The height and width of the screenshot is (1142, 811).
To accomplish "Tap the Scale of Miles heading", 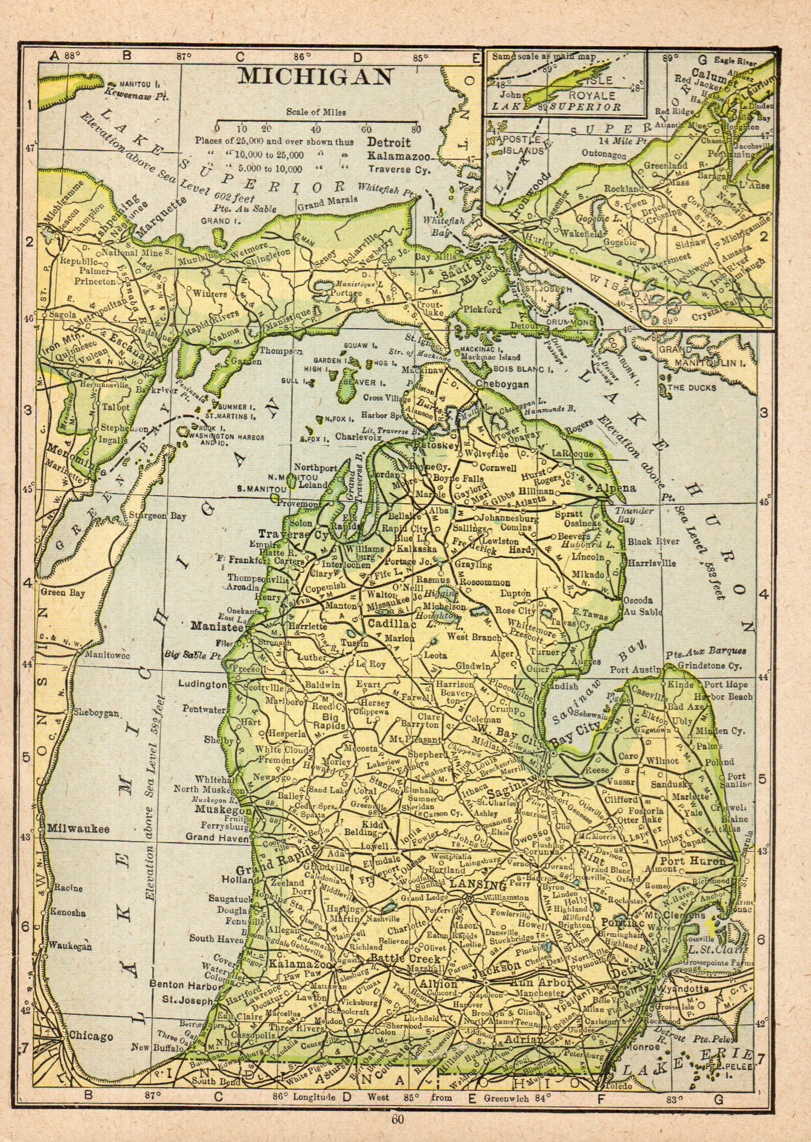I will click(316, 112).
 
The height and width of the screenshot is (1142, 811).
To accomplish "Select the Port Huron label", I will click(693, 861).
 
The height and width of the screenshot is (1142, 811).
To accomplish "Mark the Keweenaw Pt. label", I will click(137, 94).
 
